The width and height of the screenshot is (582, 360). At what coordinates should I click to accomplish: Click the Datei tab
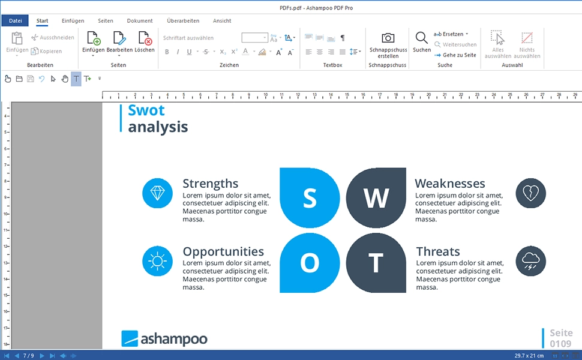click(15, 21)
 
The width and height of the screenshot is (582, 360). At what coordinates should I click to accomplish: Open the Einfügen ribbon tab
click(73, 21)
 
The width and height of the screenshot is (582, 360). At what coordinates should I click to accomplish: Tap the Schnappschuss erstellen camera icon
click(388, 38)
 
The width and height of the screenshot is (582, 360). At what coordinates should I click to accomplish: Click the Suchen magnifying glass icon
click(422, 38)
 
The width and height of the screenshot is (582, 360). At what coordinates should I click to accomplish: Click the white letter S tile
click(310, 198)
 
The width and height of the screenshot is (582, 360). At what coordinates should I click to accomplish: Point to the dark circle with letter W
click(376, 198)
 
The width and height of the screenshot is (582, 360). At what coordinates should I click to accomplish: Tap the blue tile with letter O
click(310, 263)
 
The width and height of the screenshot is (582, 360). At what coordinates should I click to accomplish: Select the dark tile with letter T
click(376, 263)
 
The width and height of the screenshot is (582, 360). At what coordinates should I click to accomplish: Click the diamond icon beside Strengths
click(157, 193)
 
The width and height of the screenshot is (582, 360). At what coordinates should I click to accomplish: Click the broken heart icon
click(531, 193)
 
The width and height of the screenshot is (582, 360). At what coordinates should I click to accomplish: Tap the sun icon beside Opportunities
click(157, 261)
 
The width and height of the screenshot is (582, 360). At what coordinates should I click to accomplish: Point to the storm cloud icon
click(531, 261)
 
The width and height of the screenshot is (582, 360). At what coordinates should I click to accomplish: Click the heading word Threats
click(438, 251)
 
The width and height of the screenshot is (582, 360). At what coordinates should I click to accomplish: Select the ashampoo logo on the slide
click(164, 339)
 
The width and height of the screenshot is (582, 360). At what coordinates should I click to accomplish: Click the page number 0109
click(561, 344)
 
